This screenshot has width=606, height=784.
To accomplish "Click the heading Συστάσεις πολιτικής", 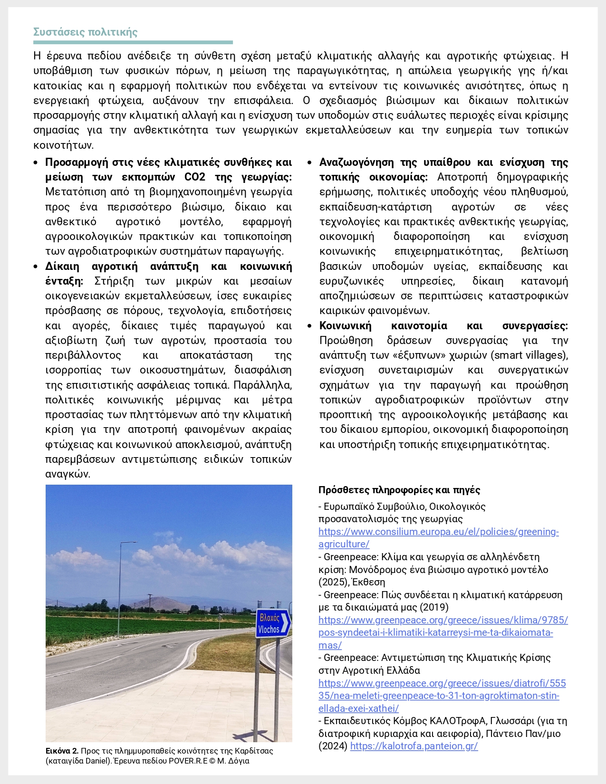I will coord(86,32).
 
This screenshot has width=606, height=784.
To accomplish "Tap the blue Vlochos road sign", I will coord(272,623).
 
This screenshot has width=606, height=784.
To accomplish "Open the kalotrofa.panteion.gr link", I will coord(414,746).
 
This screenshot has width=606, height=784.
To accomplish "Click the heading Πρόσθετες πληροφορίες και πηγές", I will coord(399,490).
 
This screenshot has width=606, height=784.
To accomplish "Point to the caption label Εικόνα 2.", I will coord(62,751).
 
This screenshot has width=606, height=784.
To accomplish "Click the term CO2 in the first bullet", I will coord(195,177).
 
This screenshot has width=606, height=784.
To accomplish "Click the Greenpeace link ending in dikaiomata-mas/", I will coord(443,632).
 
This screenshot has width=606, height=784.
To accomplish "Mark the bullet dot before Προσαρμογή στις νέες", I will coord(36,163).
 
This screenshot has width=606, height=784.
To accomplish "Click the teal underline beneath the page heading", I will coord(133,42).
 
